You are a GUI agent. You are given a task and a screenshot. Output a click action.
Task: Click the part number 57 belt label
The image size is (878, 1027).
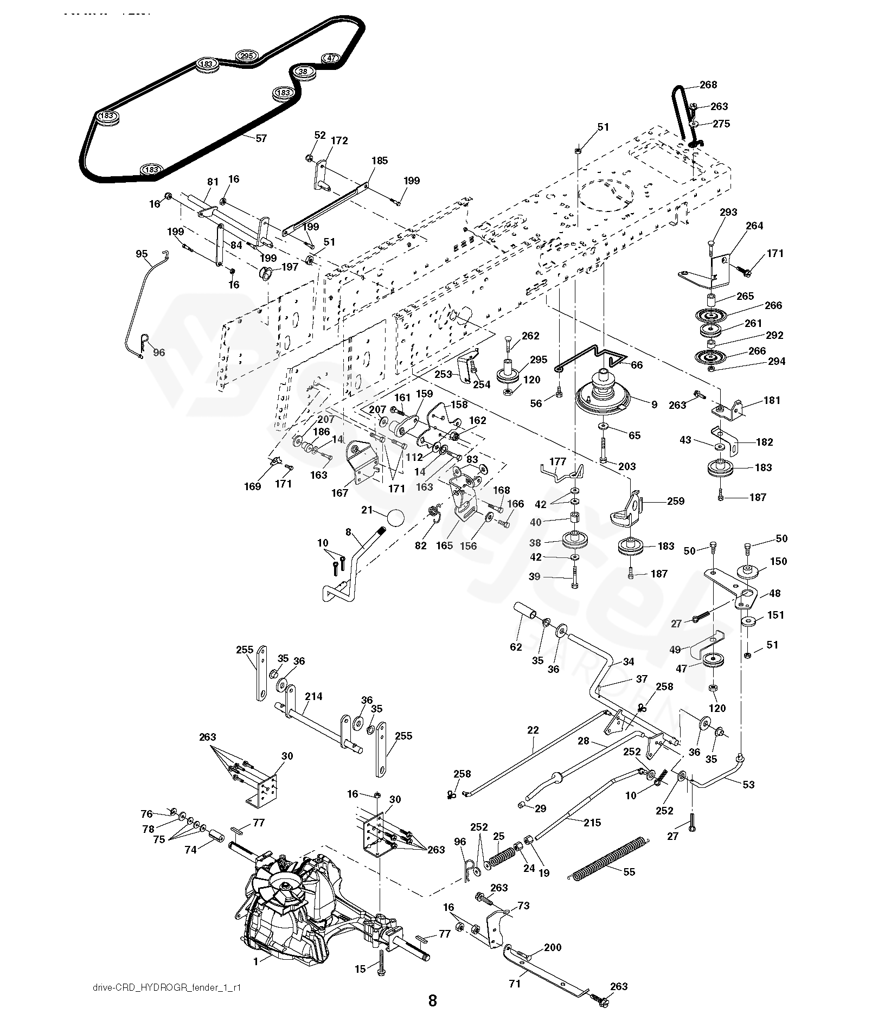click(x=261, y=138)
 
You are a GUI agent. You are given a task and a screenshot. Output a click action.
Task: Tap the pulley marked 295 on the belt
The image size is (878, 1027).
click(x=247, y=56)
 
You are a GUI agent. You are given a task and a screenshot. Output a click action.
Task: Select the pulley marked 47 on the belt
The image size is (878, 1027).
click(x=331, y=58)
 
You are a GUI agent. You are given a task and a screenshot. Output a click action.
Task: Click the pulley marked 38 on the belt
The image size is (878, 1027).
click(x=304, y=72)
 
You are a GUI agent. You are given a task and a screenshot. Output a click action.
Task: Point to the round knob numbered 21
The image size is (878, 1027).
click(x=396, y=519)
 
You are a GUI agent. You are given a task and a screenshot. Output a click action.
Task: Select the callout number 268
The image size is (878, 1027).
click(x=708, y=85)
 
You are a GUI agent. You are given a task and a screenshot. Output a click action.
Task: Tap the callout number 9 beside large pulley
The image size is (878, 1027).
click(x=654, y=405)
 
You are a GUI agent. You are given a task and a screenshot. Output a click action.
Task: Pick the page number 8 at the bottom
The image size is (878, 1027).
click(x=432, y=1000)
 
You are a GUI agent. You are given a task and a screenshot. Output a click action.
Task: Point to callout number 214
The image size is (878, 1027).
click(x=313, y=696)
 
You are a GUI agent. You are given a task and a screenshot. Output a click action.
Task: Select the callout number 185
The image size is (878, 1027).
click(x=380, y=161)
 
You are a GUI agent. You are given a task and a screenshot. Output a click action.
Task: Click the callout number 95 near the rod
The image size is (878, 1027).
click(x=142, y=254)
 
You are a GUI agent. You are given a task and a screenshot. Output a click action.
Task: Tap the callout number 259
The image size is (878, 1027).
click(x=676, y=501)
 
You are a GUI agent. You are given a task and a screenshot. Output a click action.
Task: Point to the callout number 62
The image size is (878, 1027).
click(x=516, y=647)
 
